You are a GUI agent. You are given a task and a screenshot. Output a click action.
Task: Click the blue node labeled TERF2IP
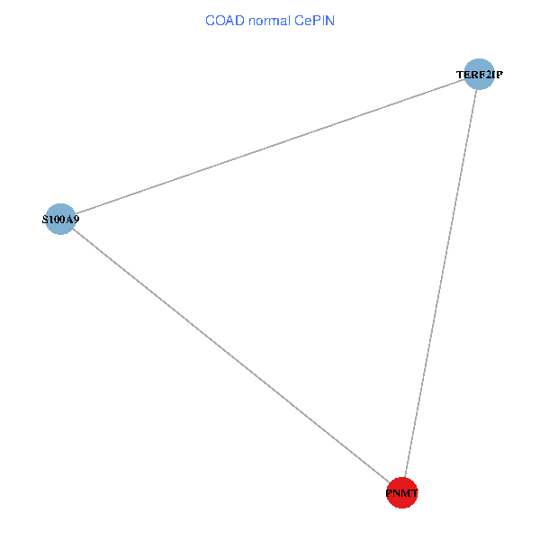[479, 74]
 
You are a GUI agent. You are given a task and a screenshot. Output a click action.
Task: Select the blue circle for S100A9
[59, 219]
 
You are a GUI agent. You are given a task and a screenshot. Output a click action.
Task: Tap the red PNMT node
[401, 493]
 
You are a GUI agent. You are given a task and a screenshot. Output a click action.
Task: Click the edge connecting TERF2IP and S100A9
[270, 146]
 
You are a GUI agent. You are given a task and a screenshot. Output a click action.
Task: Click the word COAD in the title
[222, 20]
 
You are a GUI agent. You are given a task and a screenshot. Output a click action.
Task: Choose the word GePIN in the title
[314, 20]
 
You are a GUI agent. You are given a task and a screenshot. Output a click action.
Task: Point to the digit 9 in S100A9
[76, 219]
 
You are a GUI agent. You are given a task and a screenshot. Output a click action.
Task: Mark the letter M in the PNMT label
[402, 493]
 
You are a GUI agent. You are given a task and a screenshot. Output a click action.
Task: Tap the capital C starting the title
[210, 20]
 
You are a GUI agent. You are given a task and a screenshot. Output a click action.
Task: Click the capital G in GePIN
[298, 20]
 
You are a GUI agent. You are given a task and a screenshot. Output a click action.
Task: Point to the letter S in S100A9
[46, 219]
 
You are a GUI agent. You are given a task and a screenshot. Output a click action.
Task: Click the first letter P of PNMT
[389, 493]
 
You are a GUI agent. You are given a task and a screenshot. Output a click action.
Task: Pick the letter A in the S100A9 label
[68, 219]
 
